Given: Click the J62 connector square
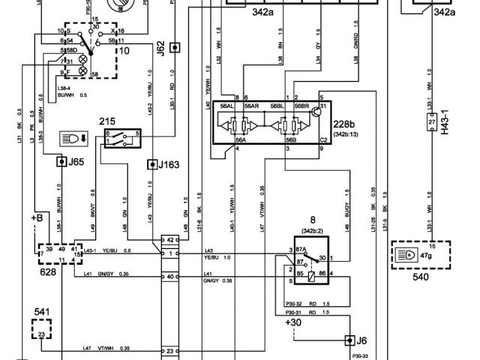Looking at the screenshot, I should click(174, 47).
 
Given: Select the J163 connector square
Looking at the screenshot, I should click(153, 163).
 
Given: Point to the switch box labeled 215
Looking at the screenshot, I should click(123, 138).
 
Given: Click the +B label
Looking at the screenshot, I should click(37, 217).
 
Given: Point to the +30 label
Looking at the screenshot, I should click(294, 322).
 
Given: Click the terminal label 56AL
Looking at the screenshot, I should click(228, 106).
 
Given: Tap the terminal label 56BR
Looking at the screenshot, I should click(301, 106).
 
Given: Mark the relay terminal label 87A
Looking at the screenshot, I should click(301, 250).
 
